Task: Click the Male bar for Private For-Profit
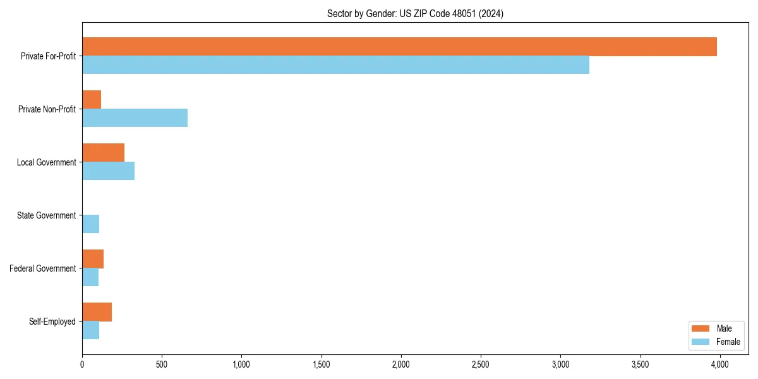[399, 47]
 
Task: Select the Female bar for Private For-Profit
[335, 64]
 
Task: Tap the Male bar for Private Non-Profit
[92, 100]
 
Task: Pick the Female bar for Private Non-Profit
[135, 117]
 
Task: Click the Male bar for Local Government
[103, 153]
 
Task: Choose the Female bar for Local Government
[108, 171]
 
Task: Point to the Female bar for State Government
[90, 224]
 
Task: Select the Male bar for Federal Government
[93, 259]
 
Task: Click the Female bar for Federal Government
[90, 277]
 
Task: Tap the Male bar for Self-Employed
[97, 312]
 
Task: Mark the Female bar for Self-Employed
[90, 330]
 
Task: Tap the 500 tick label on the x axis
[162, 364]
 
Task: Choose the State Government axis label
[46, 215]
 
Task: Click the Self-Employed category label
[52, 322]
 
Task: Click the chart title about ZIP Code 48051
[415, 13]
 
